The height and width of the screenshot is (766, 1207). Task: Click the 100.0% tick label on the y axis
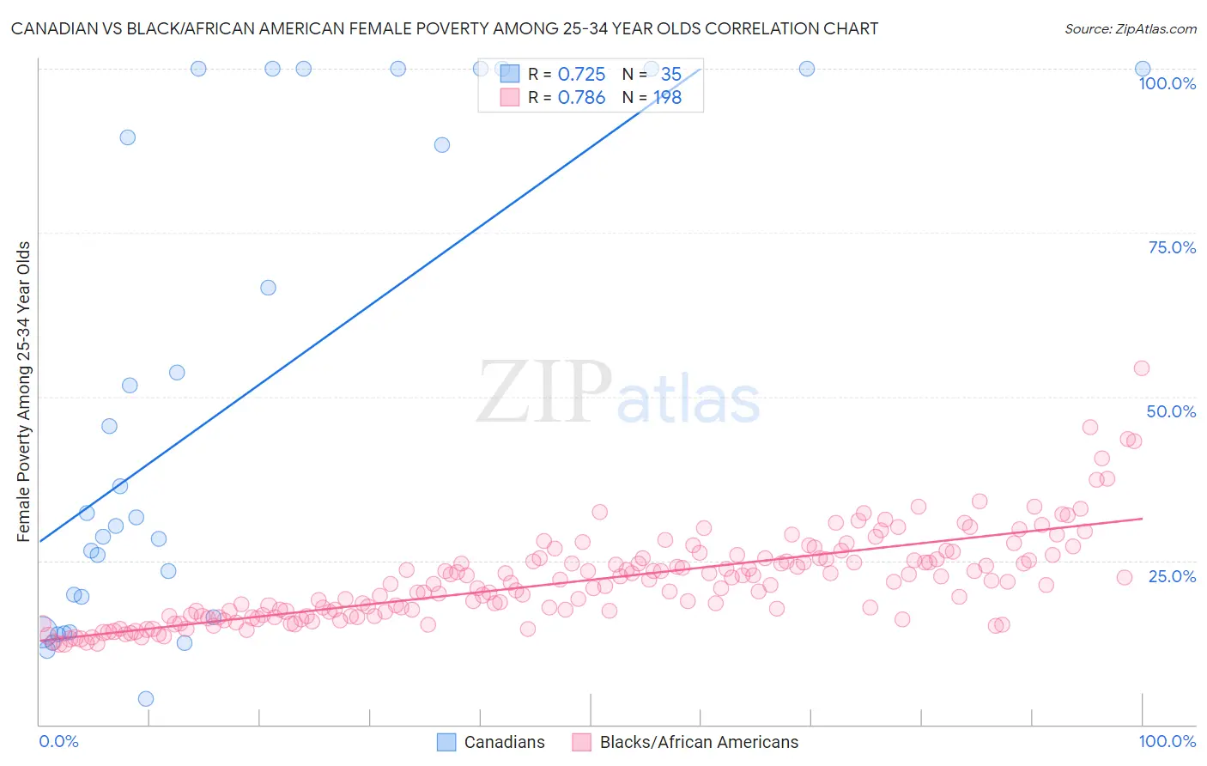coord(1167,83)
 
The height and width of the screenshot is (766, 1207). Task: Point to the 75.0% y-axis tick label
coord(1172,247)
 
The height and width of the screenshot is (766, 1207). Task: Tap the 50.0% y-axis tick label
coord(1171,411)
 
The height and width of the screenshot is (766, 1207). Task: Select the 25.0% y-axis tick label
coord(1172,576)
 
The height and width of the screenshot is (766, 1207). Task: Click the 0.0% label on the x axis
coord(58,741)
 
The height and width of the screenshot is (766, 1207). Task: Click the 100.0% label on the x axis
coord(1167,741)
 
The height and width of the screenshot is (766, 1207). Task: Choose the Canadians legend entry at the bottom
coord(491,742)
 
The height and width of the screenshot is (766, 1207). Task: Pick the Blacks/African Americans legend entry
coord(685,742)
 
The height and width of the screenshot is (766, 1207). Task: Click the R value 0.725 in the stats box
coord(581,75)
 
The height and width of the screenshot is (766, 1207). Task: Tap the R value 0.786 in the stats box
coord(581,98)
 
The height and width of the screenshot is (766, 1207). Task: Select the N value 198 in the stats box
coord(668,98)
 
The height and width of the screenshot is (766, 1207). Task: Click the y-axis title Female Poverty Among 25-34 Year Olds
coord(24,392)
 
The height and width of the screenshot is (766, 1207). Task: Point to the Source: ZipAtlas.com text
coord(1130,28)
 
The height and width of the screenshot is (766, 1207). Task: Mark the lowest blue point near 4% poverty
coord(146,699)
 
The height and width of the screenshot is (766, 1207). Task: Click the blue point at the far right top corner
coord(1143,69)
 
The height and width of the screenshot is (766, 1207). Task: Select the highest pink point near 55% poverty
coord(1142,368)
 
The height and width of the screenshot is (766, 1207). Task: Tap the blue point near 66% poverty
coord(268,288)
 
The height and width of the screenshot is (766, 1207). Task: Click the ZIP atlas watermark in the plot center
coord(618,393)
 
